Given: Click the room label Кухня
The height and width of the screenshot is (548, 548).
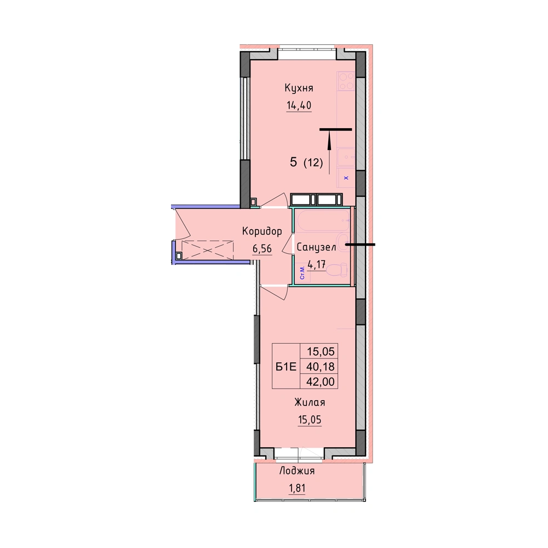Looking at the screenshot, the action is click(x=299, y=88).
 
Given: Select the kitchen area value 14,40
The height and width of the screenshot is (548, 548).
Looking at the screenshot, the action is click(x=299, y=105).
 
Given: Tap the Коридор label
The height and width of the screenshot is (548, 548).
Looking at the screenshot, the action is click(x=262, y=231).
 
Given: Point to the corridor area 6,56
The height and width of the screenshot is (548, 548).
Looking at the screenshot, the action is click(x=262, y=248).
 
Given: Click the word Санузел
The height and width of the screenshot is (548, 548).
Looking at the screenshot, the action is click(x=316, y=248).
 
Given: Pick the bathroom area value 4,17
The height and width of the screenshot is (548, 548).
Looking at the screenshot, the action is click(x=317, y=264).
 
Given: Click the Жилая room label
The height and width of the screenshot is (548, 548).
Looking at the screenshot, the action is click(x=310, y=402).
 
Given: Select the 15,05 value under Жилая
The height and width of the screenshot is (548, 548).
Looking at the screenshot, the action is click(x=310, y=419).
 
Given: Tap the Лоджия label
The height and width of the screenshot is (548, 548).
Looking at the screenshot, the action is click(x=296, y=471).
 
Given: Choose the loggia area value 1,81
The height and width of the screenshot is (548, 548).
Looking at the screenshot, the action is click(x=296, y=488).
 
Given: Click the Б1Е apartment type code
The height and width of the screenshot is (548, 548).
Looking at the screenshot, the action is click(x=286, y=367).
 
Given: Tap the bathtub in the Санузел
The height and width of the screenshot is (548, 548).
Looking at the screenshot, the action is click(x=322, y=220).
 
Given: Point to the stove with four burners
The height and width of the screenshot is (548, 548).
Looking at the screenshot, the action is click(x=346, y=81).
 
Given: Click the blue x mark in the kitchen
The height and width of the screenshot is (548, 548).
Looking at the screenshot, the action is click(x=346, y=178).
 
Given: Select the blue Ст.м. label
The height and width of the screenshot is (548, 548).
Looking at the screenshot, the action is click(x=302, y=272).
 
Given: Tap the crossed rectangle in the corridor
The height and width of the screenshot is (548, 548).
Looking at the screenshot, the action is click(x=208, y=250).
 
